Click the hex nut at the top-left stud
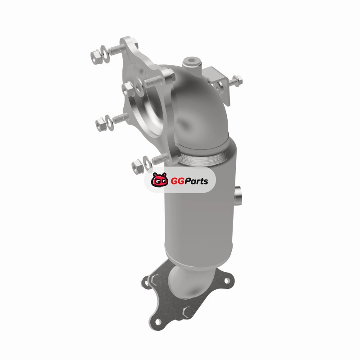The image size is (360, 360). pyautogui.click(x=96, y=57)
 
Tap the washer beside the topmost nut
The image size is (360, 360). pyautogui.click(x=105, y=54)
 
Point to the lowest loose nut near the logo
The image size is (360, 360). pyautogui.click(x=137, y=166)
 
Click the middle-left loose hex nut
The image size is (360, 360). pyautogui.click(x=101, y=125)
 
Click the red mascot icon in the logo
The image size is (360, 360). pyautogui.click(x=160, y=180)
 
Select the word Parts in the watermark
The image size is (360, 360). pyautogui.click(x=196, y=181)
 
